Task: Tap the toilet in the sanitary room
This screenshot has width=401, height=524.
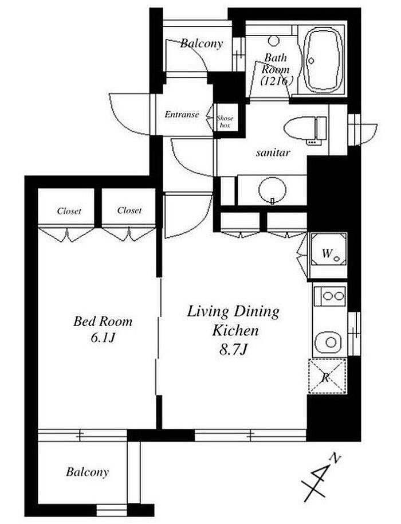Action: click(x=305, y=129)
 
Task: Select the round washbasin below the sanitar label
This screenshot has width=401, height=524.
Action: click(x=273, y=190)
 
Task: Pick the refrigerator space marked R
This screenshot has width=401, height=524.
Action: click(x=327, y=376)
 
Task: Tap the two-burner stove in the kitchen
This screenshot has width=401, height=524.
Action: click(x=329, y=295)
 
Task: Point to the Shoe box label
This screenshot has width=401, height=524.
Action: click(x=225, y=122)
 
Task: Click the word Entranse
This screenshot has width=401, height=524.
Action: click(x=182, y=115)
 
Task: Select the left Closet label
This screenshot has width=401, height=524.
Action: click(x=69, y=211)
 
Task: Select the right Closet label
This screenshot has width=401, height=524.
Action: click(x=129, y=210)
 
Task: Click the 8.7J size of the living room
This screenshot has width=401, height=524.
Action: click(x=233, y=349)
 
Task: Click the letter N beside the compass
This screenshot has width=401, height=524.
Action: click(x=335, y=458)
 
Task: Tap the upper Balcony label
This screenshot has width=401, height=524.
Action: click(x=201, y=44)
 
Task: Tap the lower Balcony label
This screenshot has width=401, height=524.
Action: click(x=88, y=472)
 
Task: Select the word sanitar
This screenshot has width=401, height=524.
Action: click(x=273, y=152)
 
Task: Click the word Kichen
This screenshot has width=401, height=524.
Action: click(x=235, y=330)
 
